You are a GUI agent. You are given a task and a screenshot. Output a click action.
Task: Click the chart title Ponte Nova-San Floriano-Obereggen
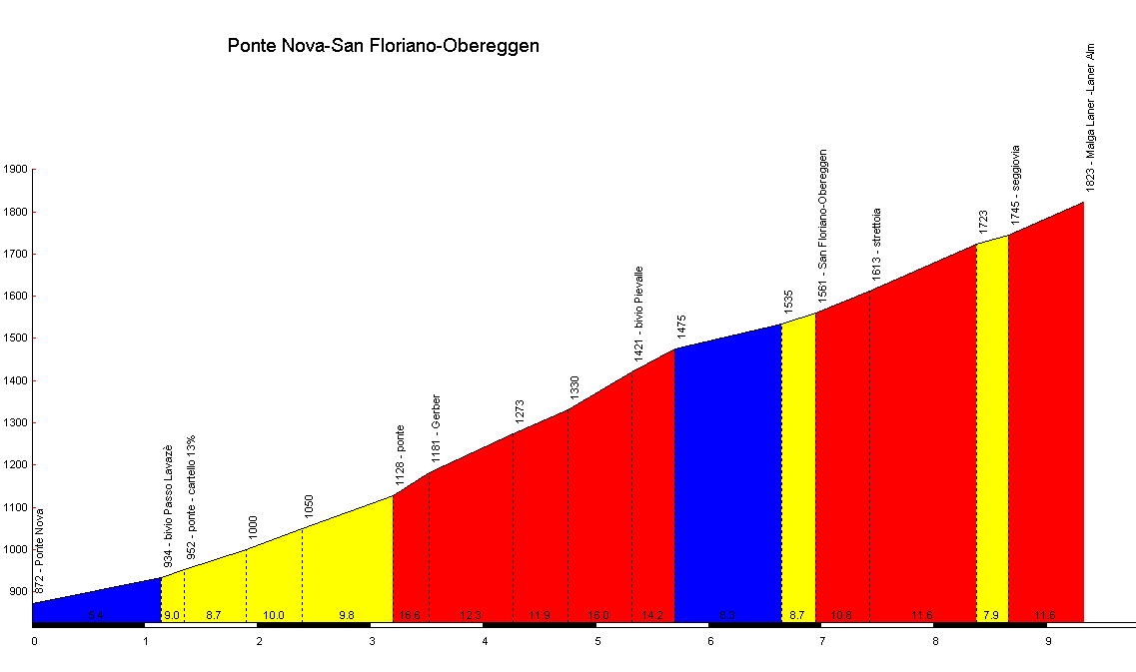(x=384, y=46)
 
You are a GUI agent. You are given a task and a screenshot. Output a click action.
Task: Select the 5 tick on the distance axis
(x=597, y=641)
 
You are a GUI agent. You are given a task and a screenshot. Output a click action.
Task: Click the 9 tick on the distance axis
(x=1048, y=641)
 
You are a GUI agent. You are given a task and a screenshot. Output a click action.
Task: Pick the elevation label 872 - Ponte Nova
(x=40, y=551)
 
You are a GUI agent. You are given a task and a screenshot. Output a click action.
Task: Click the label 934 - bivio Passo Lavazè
(x=168, y=505)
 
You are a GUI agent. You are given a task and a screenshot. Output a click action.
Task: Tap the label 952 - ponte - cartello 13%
(x=191, y=496)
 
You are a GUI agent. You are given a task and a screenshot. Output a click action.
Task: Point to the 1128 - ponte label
(x=400, y=455)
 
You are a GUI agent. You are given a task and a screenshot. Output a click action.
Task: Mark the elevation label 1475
(x=681, y=329)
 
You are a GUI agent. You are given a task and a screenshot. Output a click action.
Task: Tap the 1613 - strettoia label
(x=876, y=244)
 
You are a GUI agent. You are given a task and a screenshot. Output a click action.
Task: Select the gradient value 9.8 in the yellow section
(x=347, y=615)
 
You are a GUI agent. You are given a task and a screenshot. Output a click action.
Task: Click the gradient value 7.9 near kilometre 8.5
(x=991, y=615)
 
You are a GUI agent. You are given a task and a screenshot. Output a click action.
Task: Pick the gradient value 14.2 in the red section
(x=652, y=615)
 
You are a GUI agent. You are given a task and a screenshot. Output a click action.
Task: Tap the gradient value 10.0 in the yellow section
(x=274, y=615)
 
